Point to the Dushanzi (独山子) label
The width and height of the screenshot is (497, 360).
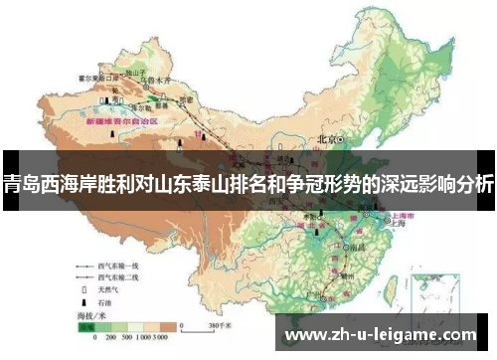pos(134,73)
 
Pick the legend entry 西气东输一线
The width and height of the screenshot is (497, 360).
pos(116,267)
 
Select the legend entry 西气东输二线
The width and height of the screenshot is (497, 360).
pos(116,279)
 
